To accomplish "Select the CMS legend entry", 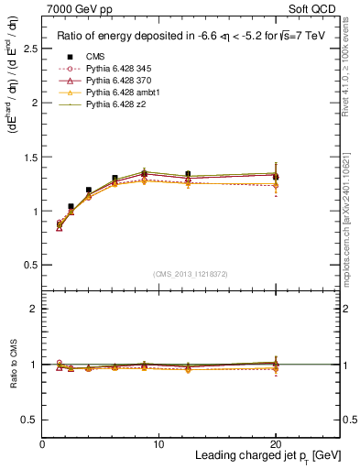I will coord(95,56).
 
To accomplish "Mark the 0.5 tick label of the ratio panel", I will coord(31,420).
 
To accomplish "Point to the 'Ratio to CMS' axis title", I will coord(13,364).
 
